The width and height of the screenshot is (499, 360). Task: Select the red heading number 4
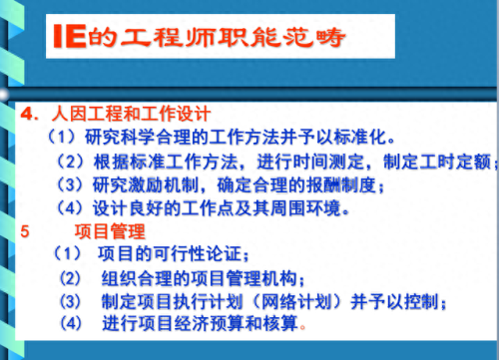(x=27, y=113)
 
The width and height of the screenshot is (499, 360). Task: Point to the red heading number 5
(x=25, y=230)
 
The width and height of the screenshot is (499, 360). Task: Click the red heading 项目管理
(x=111, y=230)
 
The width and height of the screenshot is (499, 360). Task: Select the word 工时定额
(x=455, y=160)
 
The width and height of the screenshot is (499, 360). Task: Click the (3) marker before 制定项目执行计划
(x=70, y=302)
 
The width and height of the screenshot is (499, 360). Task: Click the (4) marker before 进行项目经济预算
(x=71, y=325)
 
